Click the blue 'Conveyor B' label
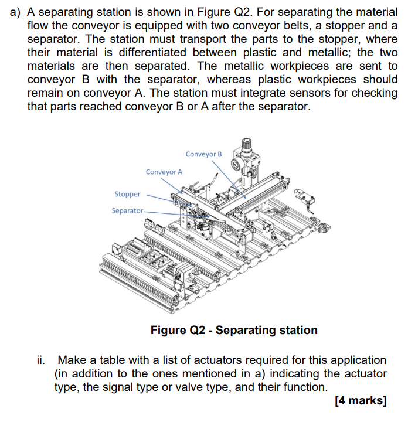[203, 154]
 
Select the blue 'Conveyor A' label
[164, 172]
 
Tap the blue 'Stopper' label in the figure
[127, 194]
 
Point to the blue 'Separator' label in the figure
[127, 210]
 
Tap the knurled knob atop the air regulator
[247, 142]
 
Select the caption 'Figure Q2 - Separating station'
[234, 330]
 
